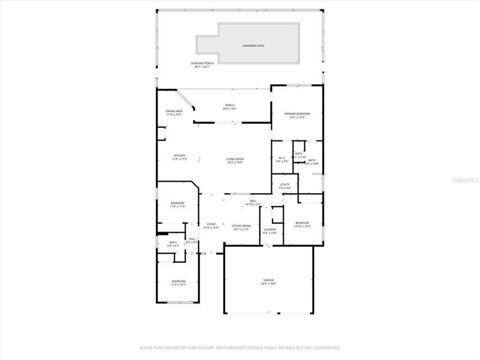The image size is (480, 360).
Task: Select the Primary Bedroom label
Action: click(x=297, y=114)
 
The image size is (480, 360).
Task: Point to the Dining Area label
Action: click(x=174, y=111)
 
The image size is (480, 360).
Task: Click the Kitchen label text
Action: click(x=179, y=155)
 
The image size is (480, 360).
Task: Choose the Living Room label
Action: click(x=235, y=158)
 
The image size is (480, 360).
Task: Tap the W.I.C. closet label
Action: click(x=281, y=158)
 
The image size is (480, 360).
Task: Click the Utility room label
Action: click(x=284, y=184)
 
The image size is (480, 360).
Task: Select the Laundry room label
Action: click(x=269, y=229)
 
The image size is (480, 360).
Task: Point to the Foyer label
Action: click(x=211, y=224)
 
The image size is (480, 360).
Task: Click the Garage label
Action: click(x=268, y=280)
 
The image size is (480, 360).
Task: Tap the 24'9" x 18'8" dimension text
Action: click(x=268, y=284)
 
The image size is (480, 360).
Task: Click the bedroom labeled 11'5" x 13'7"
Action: click(x=179, y=283)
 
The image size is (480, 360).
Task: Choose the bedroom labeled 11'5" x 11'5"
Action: click(x=178, y=204)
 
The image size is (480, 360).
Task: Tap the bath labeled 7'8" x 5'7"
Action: click(x=173, y=244)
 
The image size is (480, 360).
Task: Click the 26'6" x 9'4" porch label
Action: click(x=229, y=107)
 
